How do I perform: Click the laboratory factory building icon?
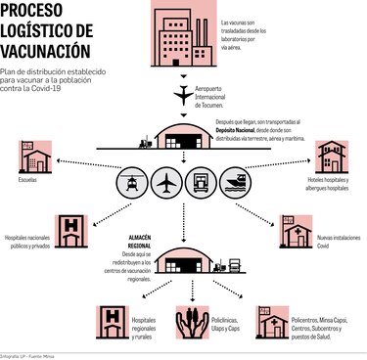pos(183,32)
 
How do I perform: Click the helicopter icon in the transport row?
pos(132,183)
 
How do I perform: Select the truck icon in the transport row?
pos(201,183)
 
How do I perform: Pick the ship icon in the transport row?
pos(236,183)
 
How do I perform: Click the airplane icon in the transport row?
pos(166,183)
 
